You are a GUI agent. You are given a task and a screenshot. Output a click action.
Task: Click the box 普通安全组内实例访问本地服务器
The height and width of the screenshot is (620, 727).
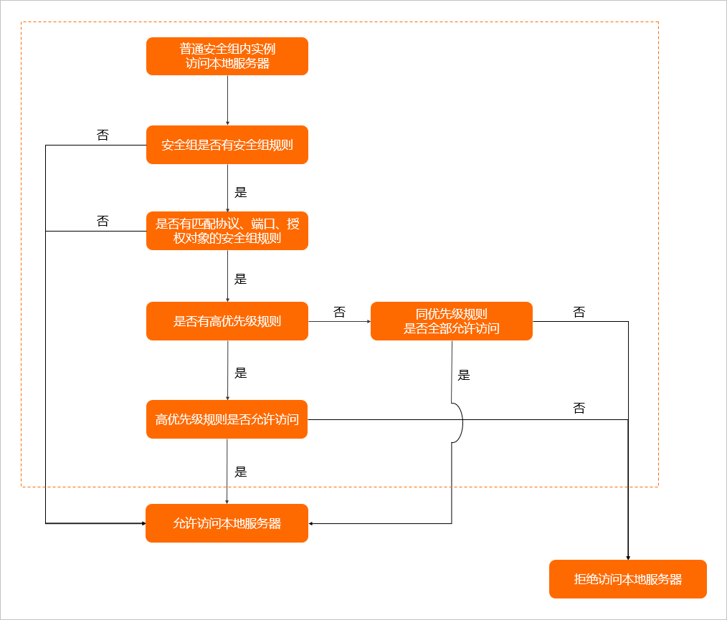click(227, 56)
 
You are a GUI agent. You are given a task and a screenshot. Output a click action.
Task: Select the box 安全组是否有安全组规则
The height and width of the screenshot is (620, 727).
click(227, 145)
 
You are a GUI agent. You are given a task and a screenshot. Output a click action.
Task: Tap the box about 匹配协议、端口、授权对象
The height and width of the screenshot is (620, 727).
click(227, 231)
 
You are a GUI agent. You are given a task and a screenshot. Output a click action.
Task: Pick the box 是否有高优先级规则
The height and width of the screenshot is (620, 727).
click(227, 321)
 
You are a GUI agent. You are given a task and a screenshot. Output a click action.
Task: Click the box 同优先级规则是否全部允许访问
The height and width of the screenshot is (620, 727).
click(452, 321)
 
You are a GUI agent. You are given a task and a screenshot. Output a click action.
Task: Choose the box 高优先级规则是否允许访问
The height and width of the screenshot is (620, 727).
click(227, 419)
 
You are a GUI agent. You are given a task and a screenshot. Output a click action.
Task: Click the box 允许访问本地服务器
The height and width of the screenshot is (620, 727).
click(227, 523)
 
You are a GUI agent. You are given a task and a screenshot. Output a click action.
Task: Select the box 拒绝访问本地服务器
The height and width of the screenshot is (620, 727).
click(628, 579)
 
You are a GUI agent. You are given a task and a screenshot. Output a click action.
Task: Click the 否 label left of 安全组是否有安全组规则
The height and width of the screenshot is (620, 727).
click(103, 135)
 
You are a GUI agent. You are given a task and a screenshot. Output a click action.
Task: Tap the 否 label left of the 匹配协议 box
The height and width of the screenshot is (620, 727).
click(103, 221)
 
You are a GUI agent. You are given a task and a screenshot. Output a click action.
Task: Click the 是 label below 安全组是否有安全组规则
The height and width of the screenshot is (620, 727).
click(241, 192)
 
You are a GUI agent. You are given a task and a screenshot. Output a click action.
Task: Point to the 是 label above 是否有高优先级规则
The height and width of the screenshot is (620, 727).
click(241, 279)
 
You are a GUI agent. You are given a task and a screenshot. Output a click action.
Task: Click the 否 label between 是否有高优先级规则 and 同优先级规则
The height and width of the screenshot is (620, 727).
click(339, 312)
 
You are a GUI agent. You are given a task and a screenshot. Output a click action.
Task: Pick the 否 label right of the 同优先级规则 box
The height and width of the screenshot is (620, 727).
click(579, 312)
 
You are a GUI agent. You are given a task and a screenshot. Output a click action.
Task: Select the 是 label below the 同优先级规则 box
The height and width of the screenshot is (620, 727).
click(464, 375)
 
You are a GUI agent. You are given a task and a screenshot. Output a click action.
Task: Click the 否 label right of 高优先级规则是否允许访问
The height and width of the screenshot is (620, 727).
click(579, 408)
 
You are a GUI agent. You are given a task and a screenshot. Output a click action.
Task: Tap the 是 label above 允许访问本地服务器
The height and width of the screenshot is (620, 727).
click(241, 472)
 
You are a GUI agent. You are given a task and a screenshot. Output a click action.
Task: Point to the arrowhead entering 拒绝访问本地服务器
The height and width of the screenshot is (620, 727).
click(628, 558)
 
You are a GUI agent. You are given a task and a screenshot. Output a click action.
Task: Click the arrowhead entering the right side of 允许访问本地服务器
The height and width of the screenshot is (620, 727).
click(310, 524)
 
